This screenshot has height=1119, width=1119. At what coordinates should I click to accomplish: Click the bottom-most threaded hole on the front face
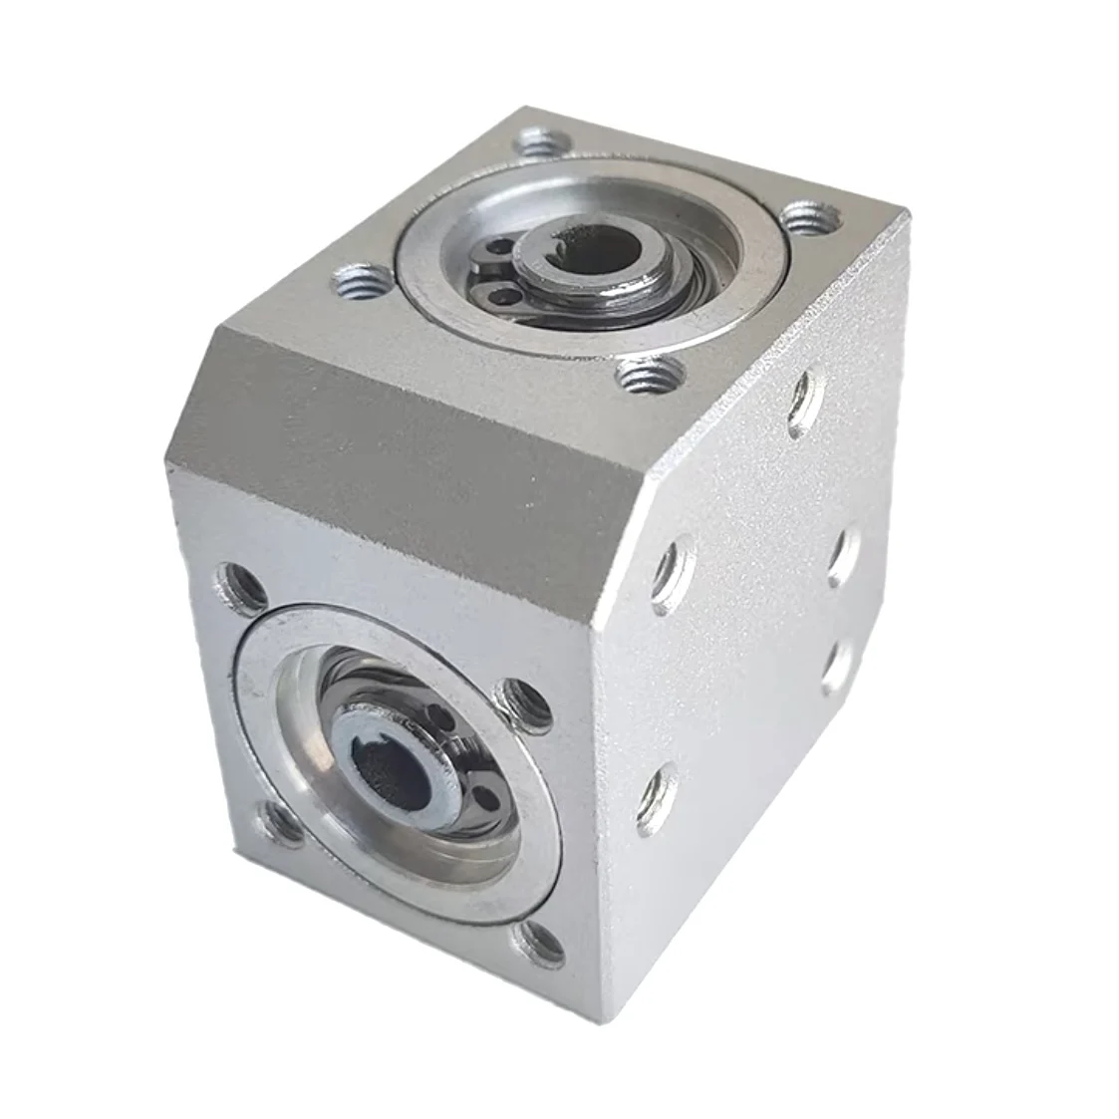(x=539, y=943)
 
